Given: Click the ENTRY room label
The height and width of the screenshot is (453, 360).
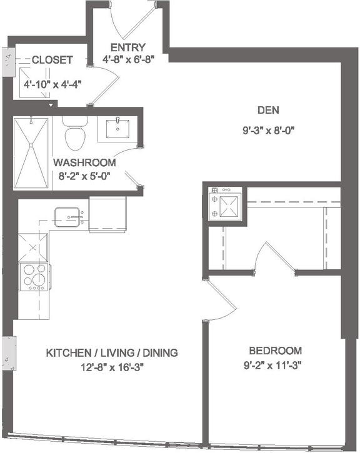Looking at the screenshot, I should (x=127, y=47).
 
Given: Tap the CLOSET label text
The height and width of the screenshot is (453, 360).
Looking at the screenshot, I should (x=52, y=60).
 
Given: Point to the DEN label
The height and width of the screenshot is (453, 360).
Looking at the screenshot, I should (x=267, y=111).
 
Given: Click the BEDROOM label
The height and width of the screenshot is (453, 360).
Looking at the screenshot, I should (x=275, y=351).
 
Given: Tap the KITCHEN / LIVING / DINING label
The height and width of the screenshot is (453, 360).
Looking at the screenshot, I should (x=112, y=353).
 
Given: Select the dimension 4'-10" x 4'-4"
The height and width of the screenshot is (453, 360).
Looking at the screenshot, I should (x=52, y=82).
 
